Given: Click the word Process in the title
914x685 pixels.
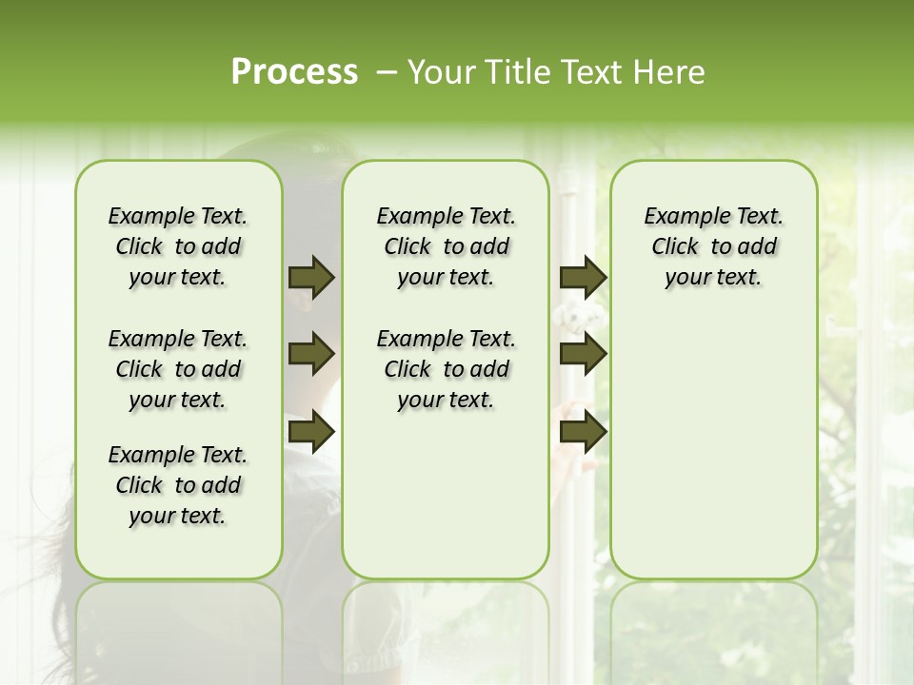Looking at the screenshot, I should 294,72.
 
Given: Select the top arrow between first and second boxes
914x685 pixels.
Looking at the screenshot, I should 310,278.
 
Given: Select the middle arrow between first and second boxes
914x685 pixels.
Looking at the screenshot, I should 310,355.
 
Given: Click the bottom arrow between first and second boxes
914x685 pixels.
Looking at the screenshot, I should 310,432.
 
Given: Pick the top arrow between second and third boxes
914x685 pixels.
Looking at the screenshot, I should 583,278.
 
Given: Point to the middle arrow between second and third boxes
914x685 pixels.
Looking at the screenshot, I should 583,355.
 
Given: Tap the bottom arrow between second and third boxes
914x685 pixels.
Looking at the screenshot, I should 583,432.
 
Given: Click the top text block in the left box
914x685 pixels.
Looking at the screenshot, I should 178,246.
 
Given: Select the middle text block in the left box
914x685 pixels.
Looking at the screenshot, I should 178,369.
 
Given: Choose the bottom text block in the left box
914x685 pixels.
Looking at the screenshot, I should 178,485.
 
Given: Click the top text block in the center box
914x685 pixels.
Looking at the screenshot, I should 446,246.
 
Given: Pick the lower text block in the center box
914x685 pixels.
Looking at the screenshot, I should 446,369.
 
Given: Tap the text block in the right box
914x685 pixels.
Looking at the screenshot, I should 714,246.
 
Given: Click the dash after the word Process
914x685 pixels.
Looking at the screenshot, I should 387,72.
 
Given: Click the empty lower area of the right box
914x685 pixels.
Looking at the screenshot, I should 714,457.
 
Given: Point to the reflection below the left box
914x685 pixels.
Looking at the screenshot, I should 178,628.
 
